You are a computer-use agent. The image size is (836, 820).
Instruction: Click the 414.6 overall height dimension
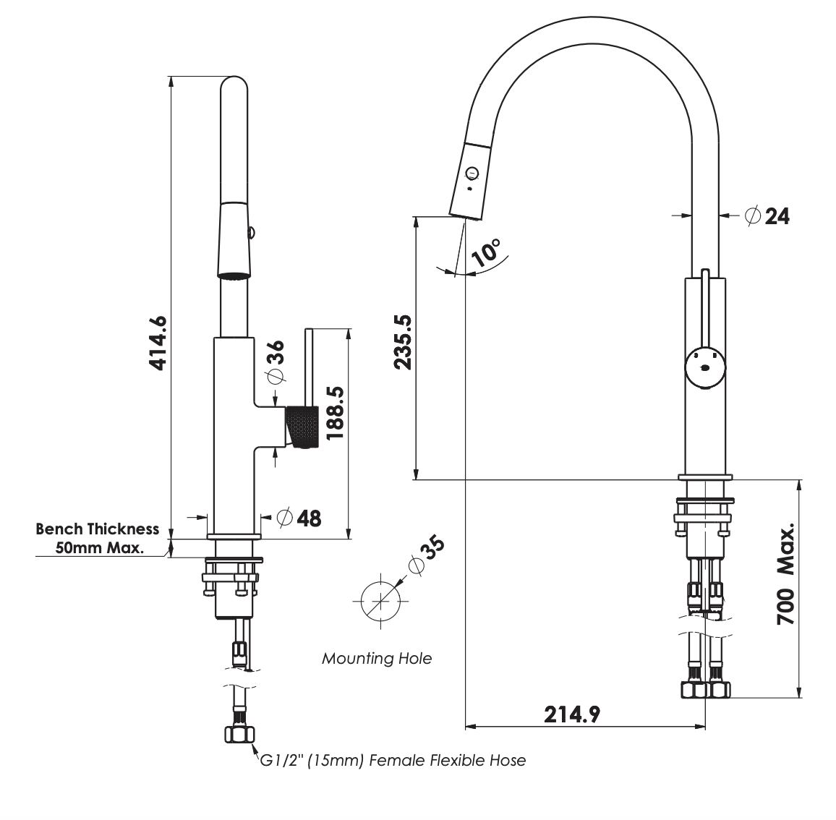pyautogui.click(x=158, y=343)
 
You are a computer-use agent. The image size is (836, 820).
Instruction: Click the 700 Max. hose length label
pyautogui.click(x=786, y=574)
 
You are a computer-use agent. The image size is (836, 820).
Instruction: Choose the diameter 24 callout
pyautogui.click(x=767, y=215)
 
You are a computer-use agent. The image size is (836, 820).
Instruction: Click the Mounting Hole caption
pyautogui.click(x=376, y=659)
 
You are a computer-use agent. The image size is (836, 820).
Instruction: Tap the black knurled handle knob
pyautogui.click(x=302, y=427)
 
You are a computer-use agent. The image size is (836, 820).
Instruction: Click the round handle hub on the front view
pyautogui.click(x=704, y=367)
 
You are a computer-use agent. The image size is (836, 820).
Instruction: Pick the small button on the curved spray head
pyautogui.click(x=473, y=172)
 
